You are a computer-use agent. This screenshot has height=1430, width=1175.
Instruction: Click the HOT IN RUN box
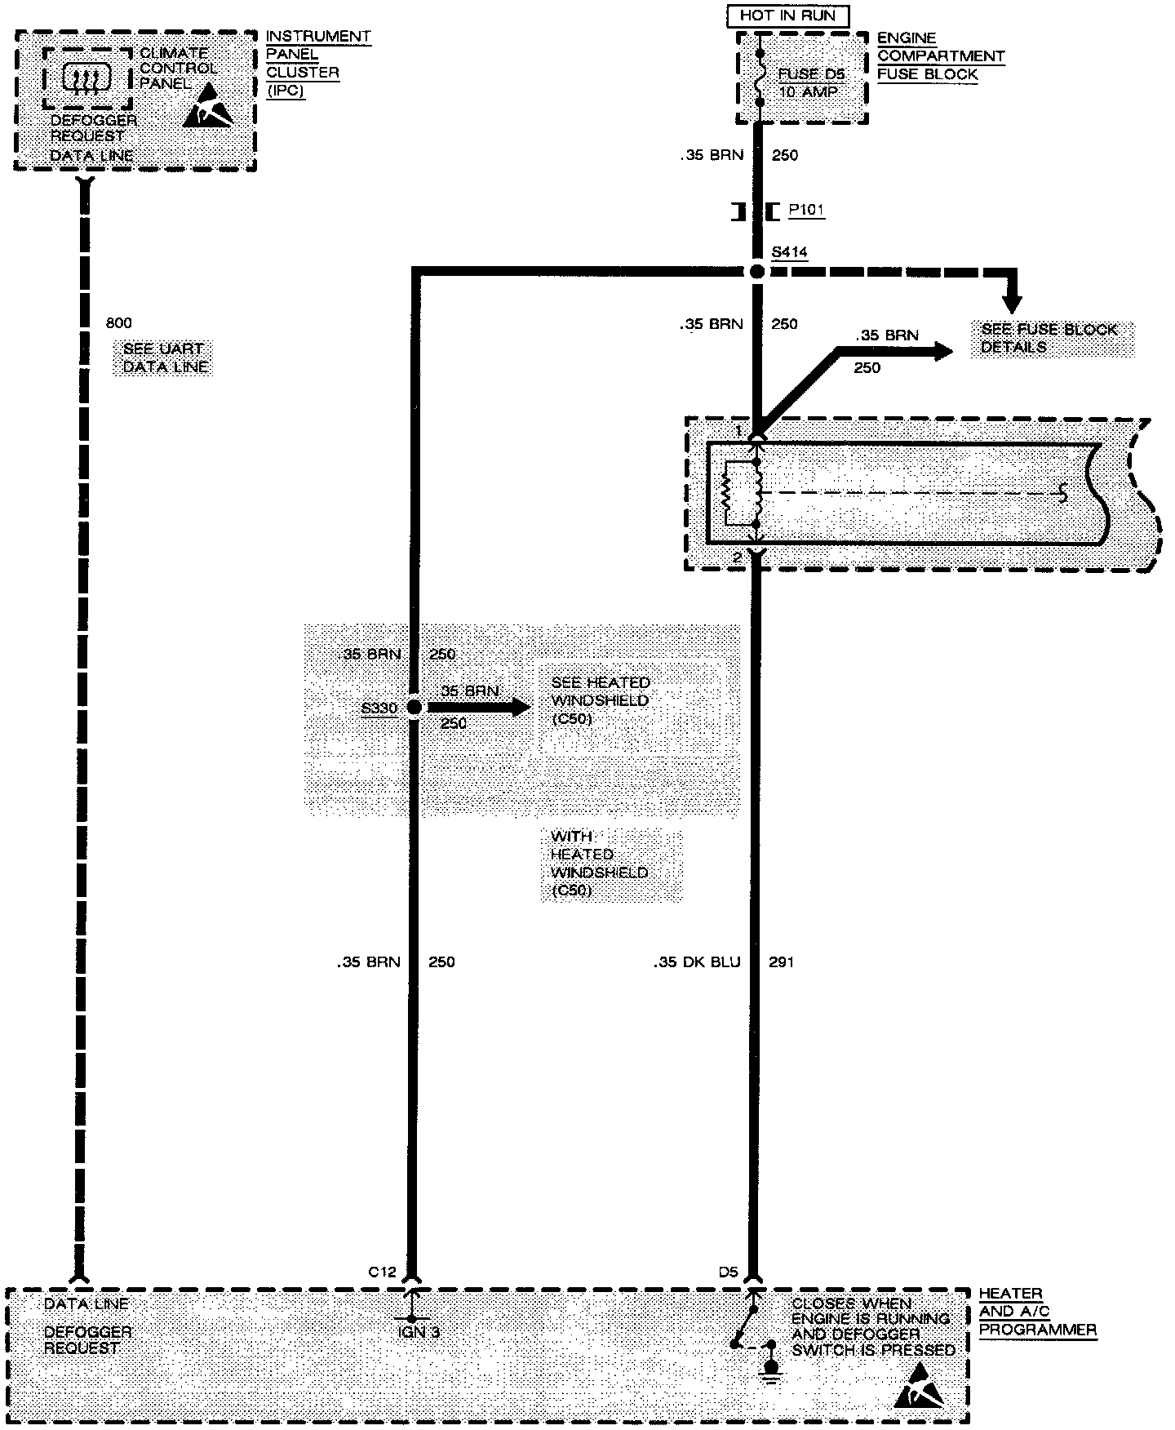click(x=787, y=16)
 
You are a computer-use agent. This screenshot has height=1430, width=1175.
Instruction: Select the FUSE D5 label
click(x=810, y=74)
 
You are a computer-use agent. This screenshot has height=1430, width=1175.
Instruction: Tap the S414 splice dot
click(x=757, y=272)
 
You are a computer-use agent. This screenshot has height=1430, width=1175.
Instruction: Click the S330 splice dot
click(x=414, y=707)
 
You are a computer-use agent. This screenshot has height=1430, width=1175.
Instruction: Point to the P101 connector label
click(x=806, y=211)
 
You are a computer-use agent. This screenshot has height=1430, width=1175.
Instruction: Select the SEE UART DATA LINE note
click(x=166, y=358)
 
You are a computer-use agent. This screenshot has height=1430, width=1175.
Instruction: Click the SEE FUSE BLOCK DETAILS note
click(x=1049, y=338)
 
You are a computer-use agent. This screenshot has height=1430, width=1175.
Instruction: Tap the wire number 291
click(x=781, y=962)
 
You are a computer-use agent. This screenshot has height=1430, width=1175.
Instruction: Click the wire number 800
click(x=118, y=323)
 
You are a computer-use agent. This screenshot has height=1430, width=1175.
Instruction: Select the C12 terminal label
click(x=382, y=1272)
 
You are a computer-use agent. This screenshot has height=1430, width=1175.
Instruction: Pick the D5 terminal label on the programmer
click(x=728, y=1272)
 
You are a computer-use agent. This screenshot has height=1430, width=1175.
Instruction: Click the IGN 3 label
click(x=418, y=1333)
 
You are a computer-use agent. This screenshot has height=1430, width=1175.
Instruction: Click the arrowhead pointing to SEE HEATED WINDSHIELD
click(x=519, y=707)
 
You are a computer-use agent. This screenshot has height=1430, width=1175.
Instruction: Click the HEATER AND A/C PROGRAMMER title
click(x=1036, y=1312)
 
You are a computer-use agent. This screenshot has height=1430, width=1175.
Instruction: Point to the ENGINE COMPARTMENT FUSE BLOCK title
click(x=940, y=56)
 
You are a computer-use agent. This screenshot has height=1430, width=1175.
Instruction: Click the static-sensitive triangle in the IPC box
click(x=207, y=106)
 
